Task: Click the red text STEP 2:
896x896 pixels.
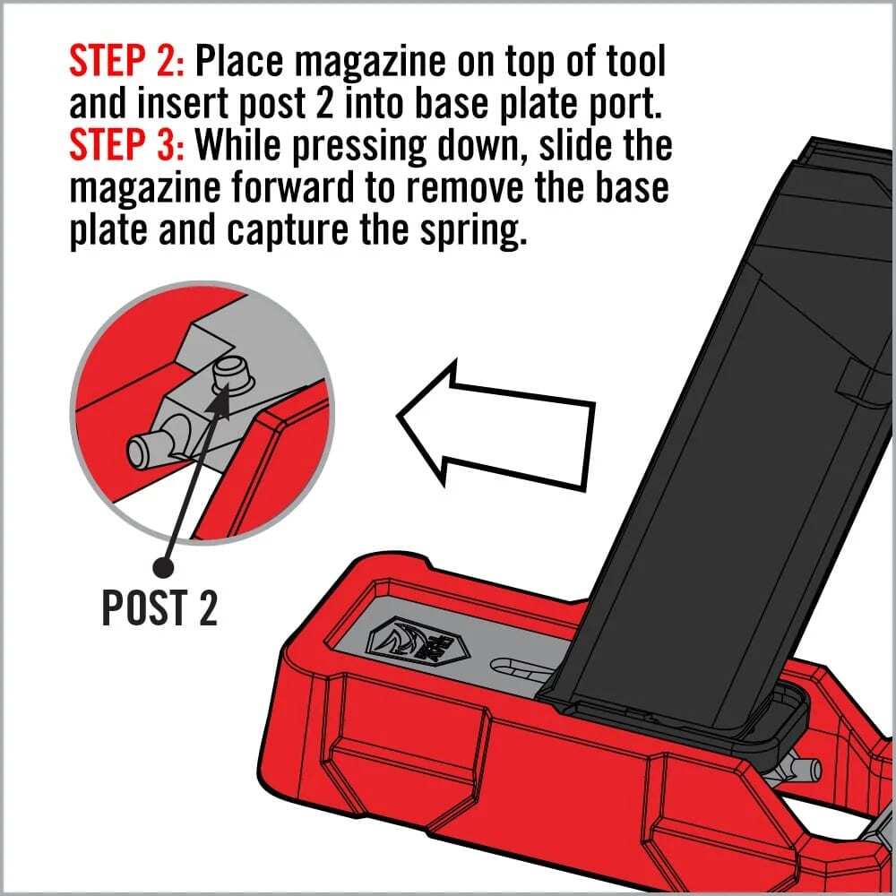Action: click(125, 62)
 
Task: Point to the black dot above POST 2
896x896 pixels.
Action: click(164, 566)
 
